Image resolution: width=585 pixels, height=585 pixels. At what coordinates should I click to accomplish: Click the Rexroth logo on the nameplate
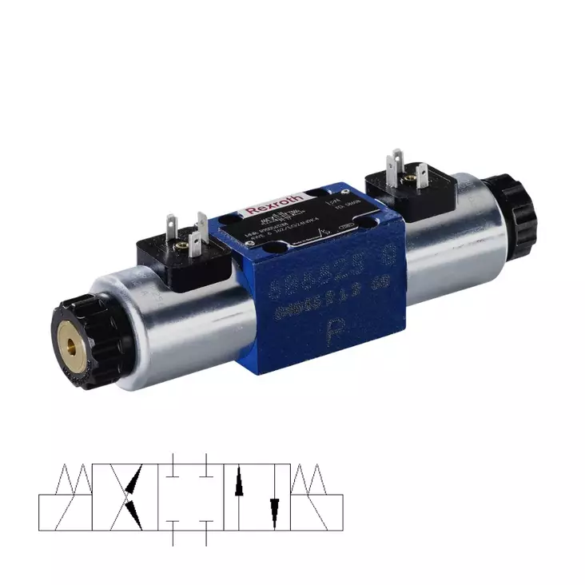pyautogui.click(x=276, y=203)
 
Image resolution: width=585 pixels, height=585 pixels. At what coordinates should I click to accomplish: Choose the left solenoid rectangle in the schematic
pyautogui.click(x=65, y=512)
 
